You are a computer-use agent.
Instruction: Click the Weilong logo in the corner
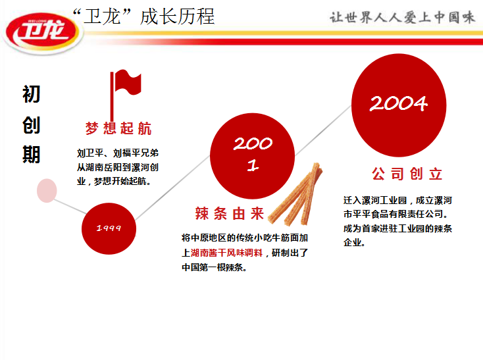point(42,32)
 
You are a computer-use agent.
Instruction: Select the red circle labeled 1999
point(109,228)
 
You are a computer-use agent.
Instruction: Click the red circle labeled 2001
point(252,155)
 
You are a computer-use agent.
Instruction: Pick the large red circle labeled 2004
point(399,105)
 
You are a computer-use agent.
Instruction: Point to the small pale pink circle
point(47,191)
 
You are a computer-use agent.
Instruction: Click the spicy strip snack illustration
point(295,195)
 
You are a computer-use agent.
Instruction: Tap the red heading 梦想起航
point(118,128)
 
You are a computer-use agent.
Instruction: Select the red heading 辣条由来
point(230,213)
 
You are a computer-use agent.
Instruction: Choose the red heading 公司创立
point(407,174)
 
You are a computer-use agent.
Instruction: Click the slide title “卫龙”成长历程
point(143,16)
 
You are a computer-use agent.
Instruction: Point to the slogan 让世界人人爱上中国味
point(402,17)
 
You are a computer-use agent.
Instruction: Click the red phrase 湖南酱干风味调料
point(227,253)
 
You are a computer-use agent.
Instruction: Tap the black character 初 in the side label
point(31,94)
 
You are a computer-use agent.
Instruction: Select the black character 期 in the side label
point(31,154)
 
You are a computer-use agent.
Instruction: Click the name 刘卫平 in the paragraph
point(90,153)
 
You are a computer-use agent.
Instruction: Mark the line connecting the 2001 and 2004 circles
point(323,130)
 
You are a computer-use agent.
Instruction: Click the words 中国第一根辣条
point(213,267)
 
